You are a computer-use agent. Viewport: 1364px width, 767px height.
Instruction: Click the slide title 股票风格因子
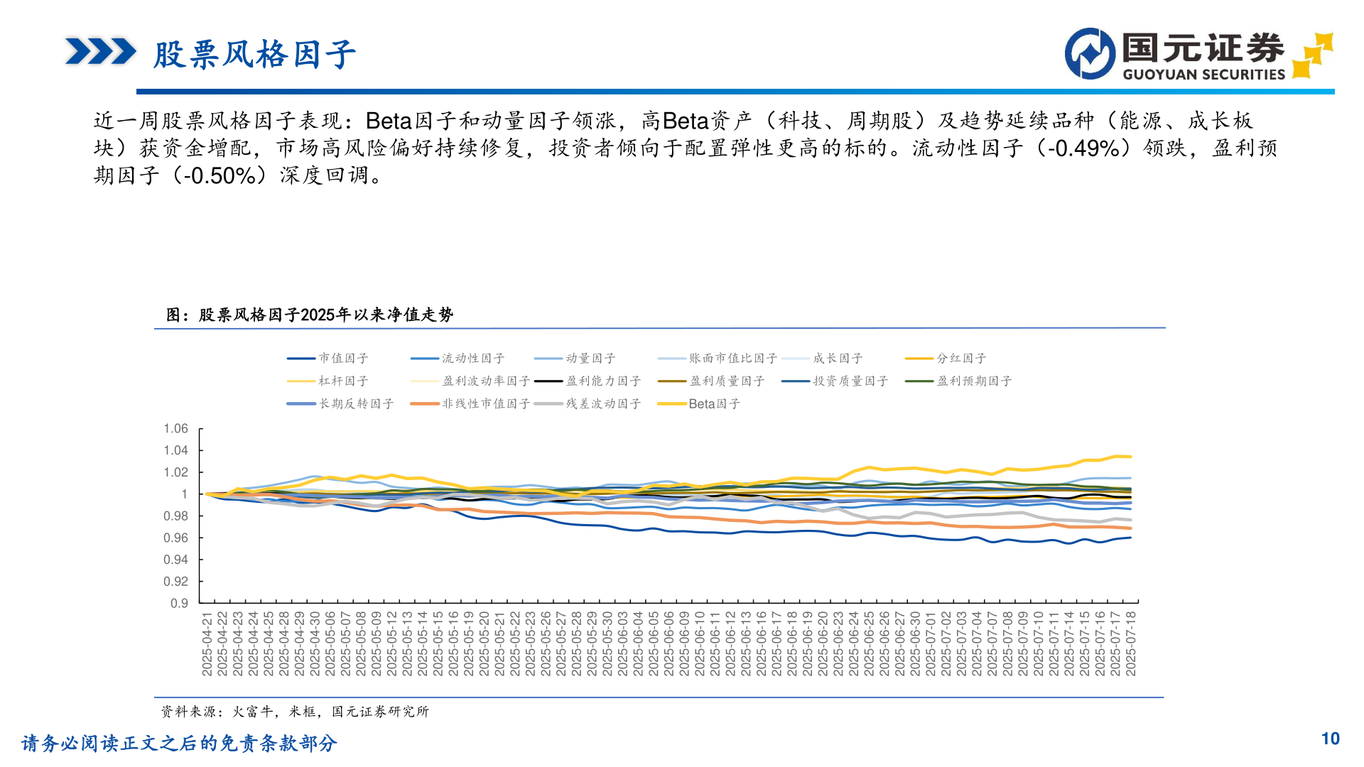(254, 55)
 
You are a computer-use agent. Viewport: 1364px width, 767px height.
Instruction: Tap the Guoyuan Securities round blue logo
(1090, 54)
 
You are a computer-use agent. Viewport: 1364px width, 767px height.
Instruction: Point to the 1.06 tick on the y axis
(175, 428)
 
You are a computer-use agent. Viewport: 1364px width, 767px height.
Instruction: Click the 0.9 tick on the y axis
(179, 604)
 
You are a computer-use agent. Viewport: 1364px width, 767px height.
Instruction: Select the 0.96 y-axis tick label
(175, 538)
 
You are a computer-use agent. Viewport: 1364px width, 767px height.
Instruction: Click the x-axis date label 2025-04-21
(207, 643)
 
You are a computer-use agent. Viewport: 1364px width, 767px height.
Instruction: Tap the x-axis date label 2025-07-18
(1131, 643)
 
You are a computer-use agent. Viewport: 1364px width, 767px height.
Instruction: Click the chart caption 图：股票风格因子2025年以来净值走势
(310, 315)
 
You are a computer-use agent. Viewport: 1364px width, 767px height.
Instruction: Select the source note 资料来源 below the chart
(295, 712)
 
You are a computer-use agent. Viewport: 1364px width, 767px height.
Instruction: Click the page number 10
(1330, 739)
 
